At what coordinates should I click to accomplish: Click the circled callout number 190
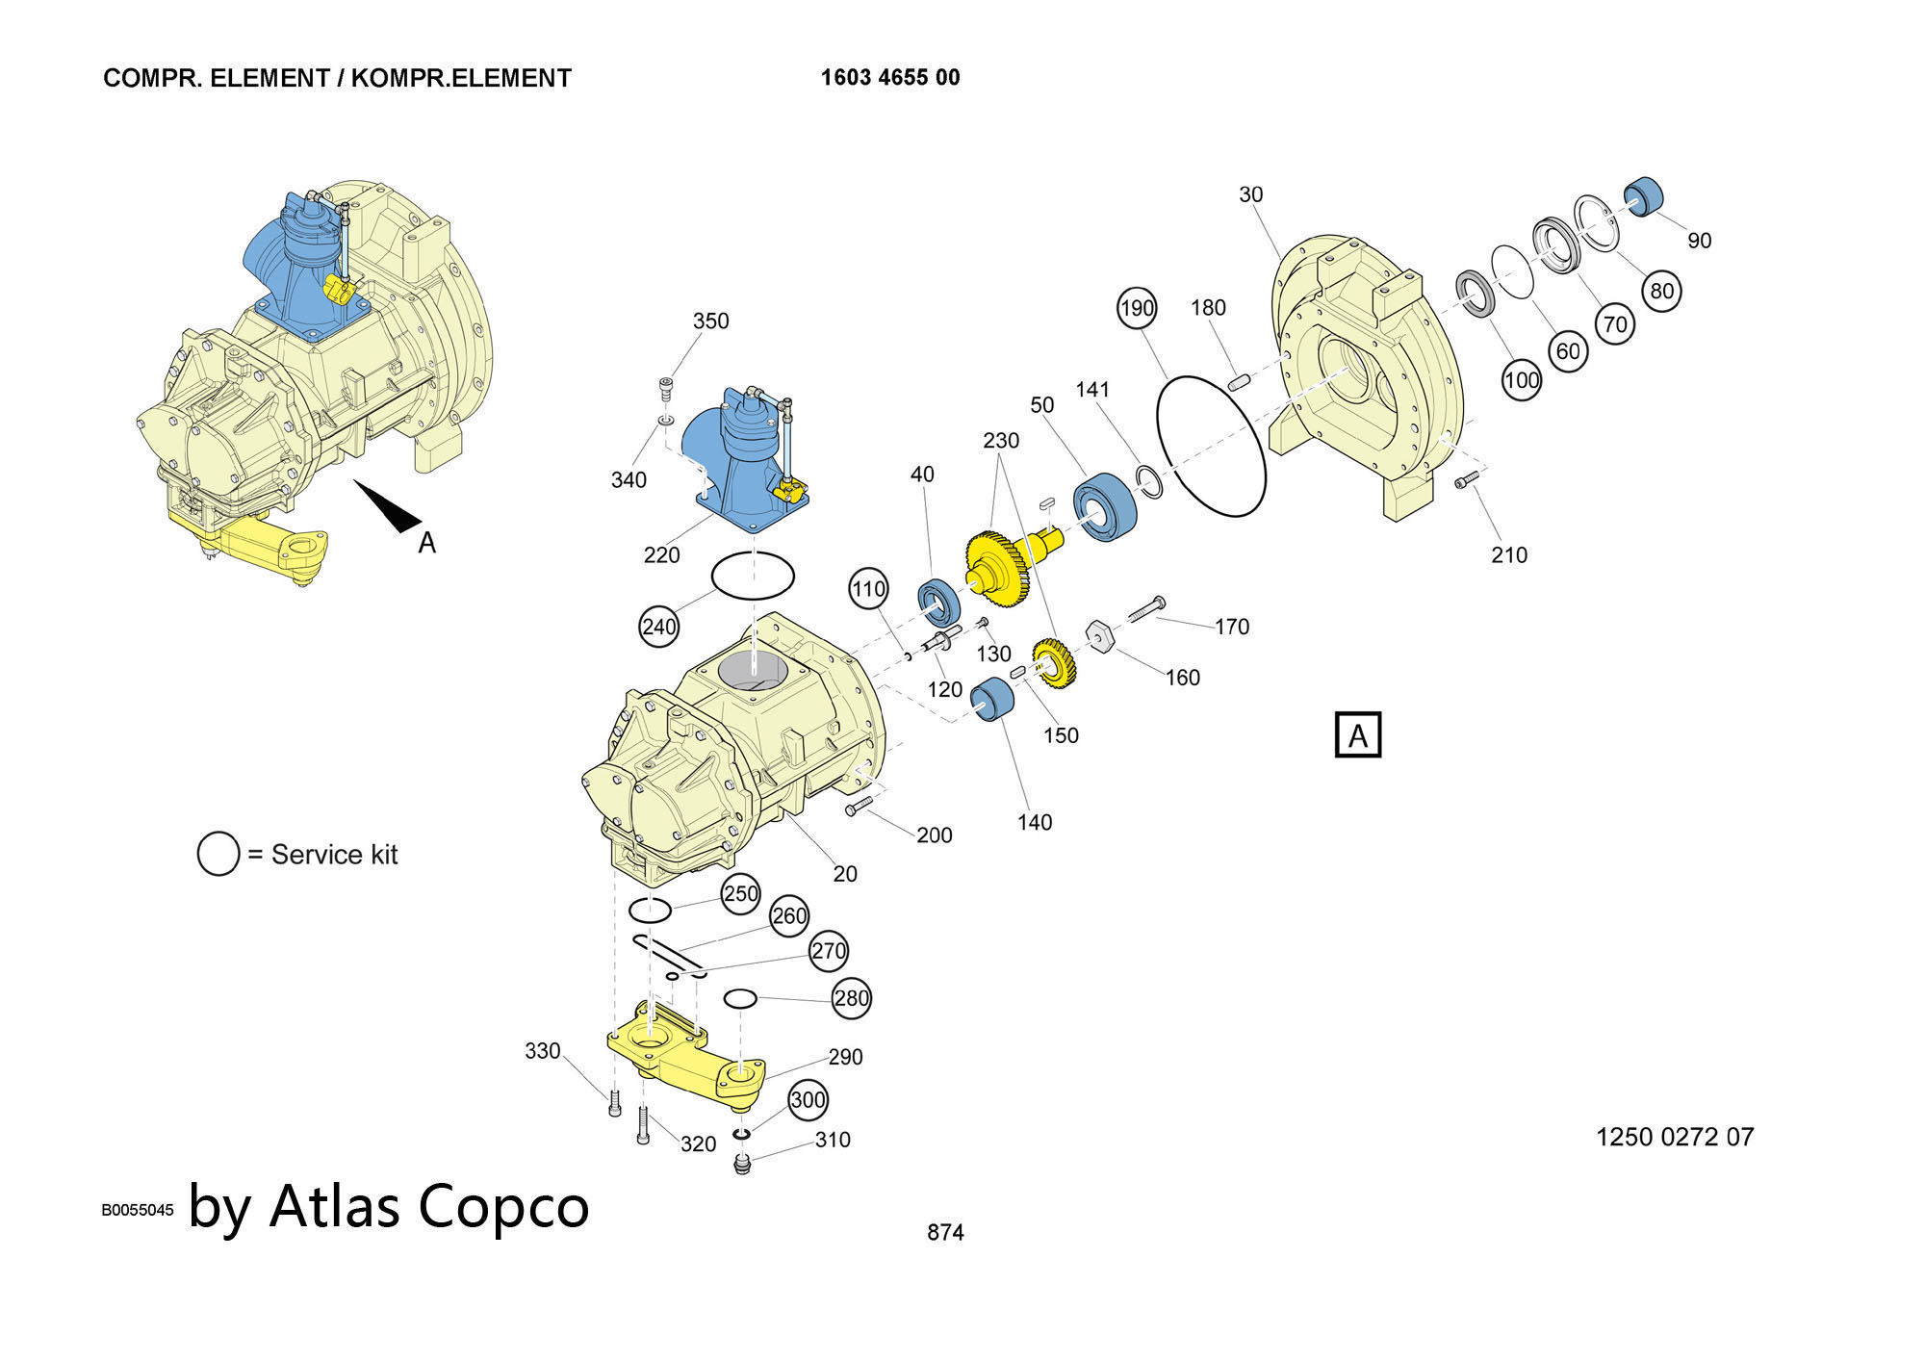click(x=1137, y=308)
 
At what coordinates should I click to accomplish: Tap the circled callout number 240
click(x=659, y=627)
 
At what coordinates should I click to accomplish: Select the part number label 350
click(x=711, y=321)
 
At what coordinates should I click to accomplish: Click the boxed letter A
click(x=1358, y=735)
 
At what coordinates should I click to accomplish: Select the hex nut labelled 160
click(x=1100, y=636)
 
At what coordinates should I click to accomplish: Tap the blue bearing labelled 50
click(x=1105, y=507)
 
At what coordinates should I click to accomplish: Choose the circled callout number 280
click(x=852, y=998)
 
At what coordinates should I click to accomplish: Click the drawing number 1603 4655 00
click(x=890, y=78)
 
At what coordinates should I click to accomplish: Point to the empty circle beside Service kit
click(x=218, y=854)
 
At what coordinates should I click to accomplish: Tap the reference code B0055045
click(x=138, y=1210)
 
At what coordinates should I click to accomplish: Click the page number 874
click(x=945, y=1232)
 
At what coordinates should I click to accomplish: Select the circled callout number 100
click(x=1522, y=380)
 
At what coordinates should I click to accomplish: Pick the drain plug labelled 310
click(x=741, y=1166)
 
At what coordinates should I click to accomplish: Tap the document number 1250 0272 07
click(x=1675, y=1137)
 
